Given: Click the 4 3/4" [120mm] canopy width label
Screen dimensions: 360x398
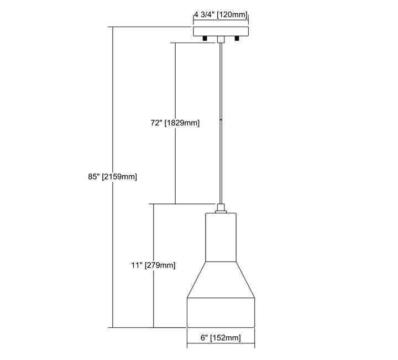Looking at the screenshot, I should coord(220,16).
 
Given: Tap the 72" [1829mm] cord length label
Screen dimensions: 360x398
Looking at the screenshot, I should coord(175,123).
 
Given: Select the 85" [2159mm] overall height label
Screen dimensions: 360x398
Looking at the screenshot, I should coord(112,177).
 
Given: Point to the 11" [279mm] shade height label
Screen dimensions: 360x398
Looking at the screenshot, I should coord(153,265).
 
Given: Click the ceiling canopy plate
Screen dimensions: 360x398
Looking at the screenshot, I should coord(220,32).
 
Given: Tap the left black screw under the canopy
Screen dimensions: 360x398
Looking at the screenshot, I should coord(205,39).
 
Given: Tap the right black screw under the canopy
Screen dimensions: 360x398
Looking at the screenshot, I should coord(237,39).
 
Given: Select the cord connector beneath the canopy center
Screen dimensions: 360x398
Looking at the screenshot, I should coord(221,39).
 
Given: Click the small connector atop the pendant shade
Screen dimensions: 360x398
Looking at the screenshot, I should coord(221,208).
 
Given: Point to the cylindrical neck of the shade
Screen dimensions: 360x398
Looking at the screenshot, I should coord(221,236).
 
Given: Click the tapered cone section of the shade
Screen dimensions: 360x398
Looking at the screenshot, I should coord(221,279).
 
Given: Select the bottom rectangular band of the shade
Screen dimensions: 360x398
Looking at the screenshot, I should coord(221,313).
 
